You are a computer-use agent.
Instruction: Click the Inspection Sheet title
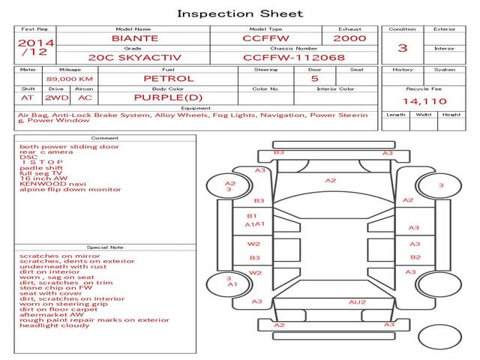(x=240, y=13)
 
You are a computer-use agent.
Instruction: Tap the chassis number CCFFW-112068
(x=294, y=57)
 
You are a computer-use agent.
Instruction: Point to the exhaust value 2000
(x=350, y=38)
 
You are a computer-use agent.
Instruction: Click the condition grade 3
(x=403, y=48)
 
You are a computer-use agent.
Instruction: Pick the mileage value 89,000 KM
(x=70, y=79)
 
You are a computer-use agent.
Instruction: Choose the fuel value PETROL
(x=168, y=78)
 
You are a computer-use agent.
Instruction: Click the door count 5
(x=314, y=78)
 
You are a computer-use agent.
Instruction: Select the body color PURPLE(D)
(x=168, y=97)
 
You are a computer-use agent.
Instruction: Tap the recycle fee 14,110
(x=424, y=101)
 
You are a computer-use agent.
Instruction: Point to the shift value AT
(x=28, y=97)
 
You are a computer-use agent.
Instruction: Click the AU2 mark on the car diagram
(x=357, y=302)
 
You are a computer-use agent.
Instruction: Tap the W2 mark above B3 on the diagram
(x=255, y=244)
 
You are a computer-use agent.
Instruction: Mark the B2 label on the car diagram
(x=415, y=257)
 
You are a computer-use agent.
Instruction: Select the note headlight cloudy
(x=55, y=325)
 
